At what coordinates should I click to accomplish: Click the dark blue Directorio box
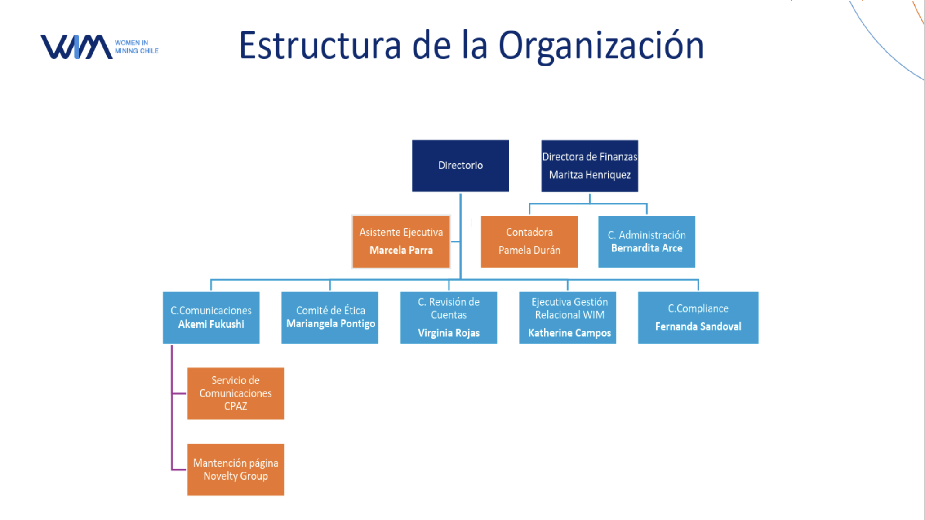(460, 166)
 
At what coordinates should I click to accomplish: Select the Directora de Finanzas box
(589, 166)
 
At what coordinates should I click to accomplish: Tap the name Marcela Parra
(401, 250)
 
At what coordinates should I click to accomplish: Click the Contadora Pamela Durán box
(529, 242)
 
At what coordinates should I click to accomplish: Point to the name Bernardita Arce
(646, 248)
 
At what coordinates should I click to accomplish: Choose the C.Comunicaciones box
(211, 317)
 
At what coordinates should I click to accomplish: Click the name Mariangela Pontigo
(330, 324)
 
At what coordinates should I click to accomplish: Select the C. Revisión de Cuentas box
(449, 317)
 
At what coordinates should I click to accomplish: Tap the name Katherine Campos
(569, 333)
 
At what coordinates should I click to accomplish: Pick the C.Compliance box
(698, 317)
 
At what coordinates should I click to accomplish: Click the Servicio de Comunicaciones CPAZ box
(236, 393)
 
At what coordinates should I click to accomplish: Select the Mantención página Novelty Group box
(236, 469)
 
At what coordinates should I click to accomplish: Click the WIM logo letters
(76, 47)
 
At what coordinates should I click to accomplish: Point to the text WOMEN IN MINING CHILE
(137, 47)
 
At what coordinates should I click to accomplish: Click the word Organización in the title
(601, 46)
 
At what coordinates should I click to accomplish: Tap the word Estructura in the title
(320, 46)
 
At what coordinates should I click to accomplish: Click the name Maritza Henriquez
(590, 175)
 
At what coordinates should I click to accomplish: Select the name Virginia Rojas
(449, 333)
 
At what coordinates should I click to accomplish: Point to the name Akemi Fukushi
(211, 324)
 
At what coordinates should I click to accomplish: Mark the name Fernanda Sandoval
(698, 326)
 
